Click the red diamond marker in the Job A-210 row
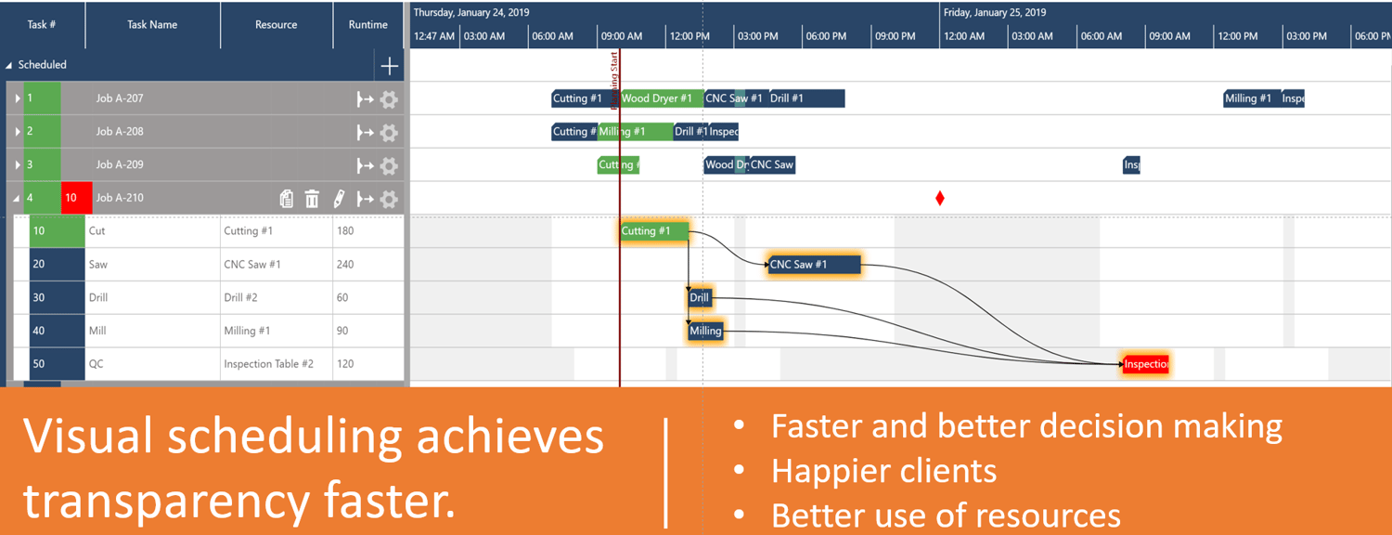click(x=940, y=198)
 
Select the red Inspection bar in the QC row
click(x=1146, y=365)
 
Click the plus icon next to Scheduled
click(x=390, y=66)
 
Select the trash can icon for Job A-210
click(x=312, y=199)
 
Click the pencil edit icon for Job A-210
click(x=339, y=199)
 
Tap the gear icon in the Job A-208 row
click(x=389, y=132)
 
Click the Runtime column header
click(x=368, y=25)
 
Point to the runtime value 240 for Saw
click(x=345, y=265)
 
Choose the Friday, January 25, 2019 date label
click(x=994, y=13)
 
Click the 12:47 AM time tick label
click(x=434, y=36)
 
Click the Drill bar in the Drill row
click(x=700, y=298)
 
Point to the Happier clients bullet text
click(x=883, y=471)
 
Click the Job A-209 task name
click(x=120, y=165)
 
